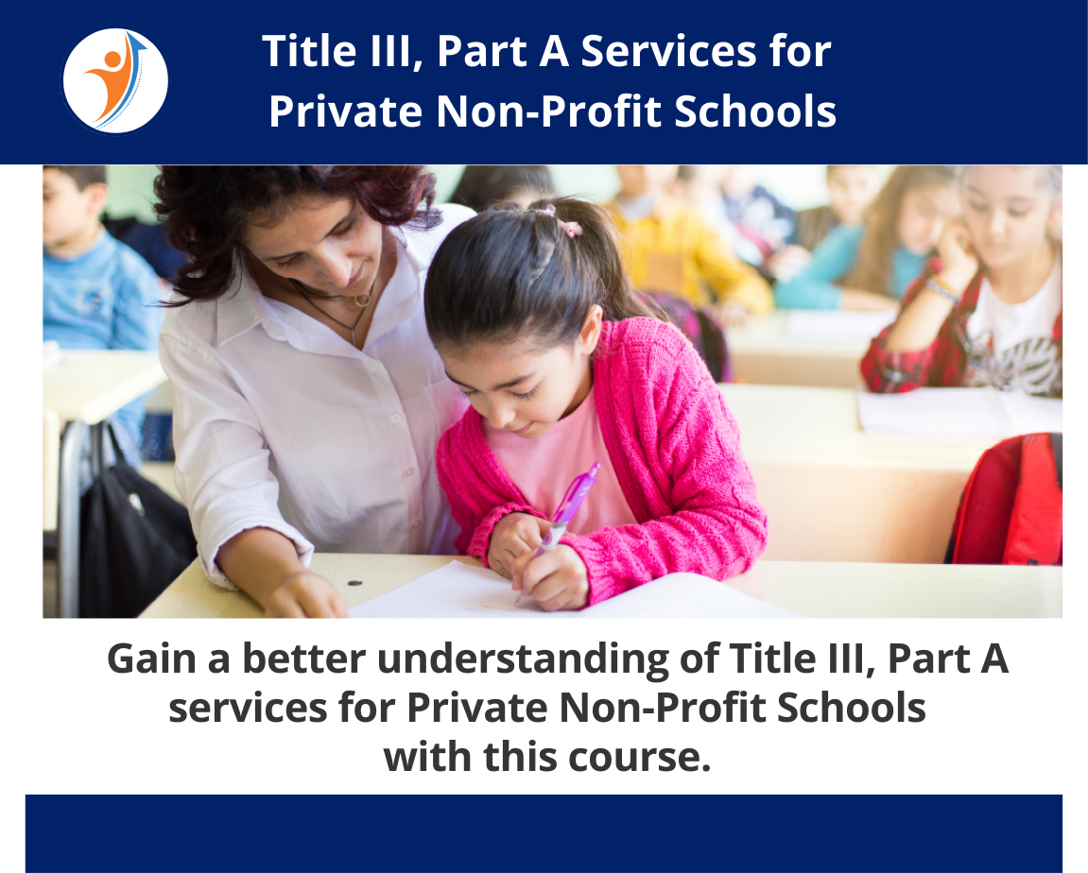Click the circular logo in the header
pyautogui.click(x=114, y=80)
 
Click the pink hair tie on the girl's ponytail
pyautogui.click(x=569, y=228)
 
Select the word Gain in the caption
pyautogui.click(x=151, y=659)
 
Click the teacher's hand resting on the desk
pyautogui.click(x=302, y=595)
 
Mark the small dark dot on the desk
pyautogui.click(x=354, y=582)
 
